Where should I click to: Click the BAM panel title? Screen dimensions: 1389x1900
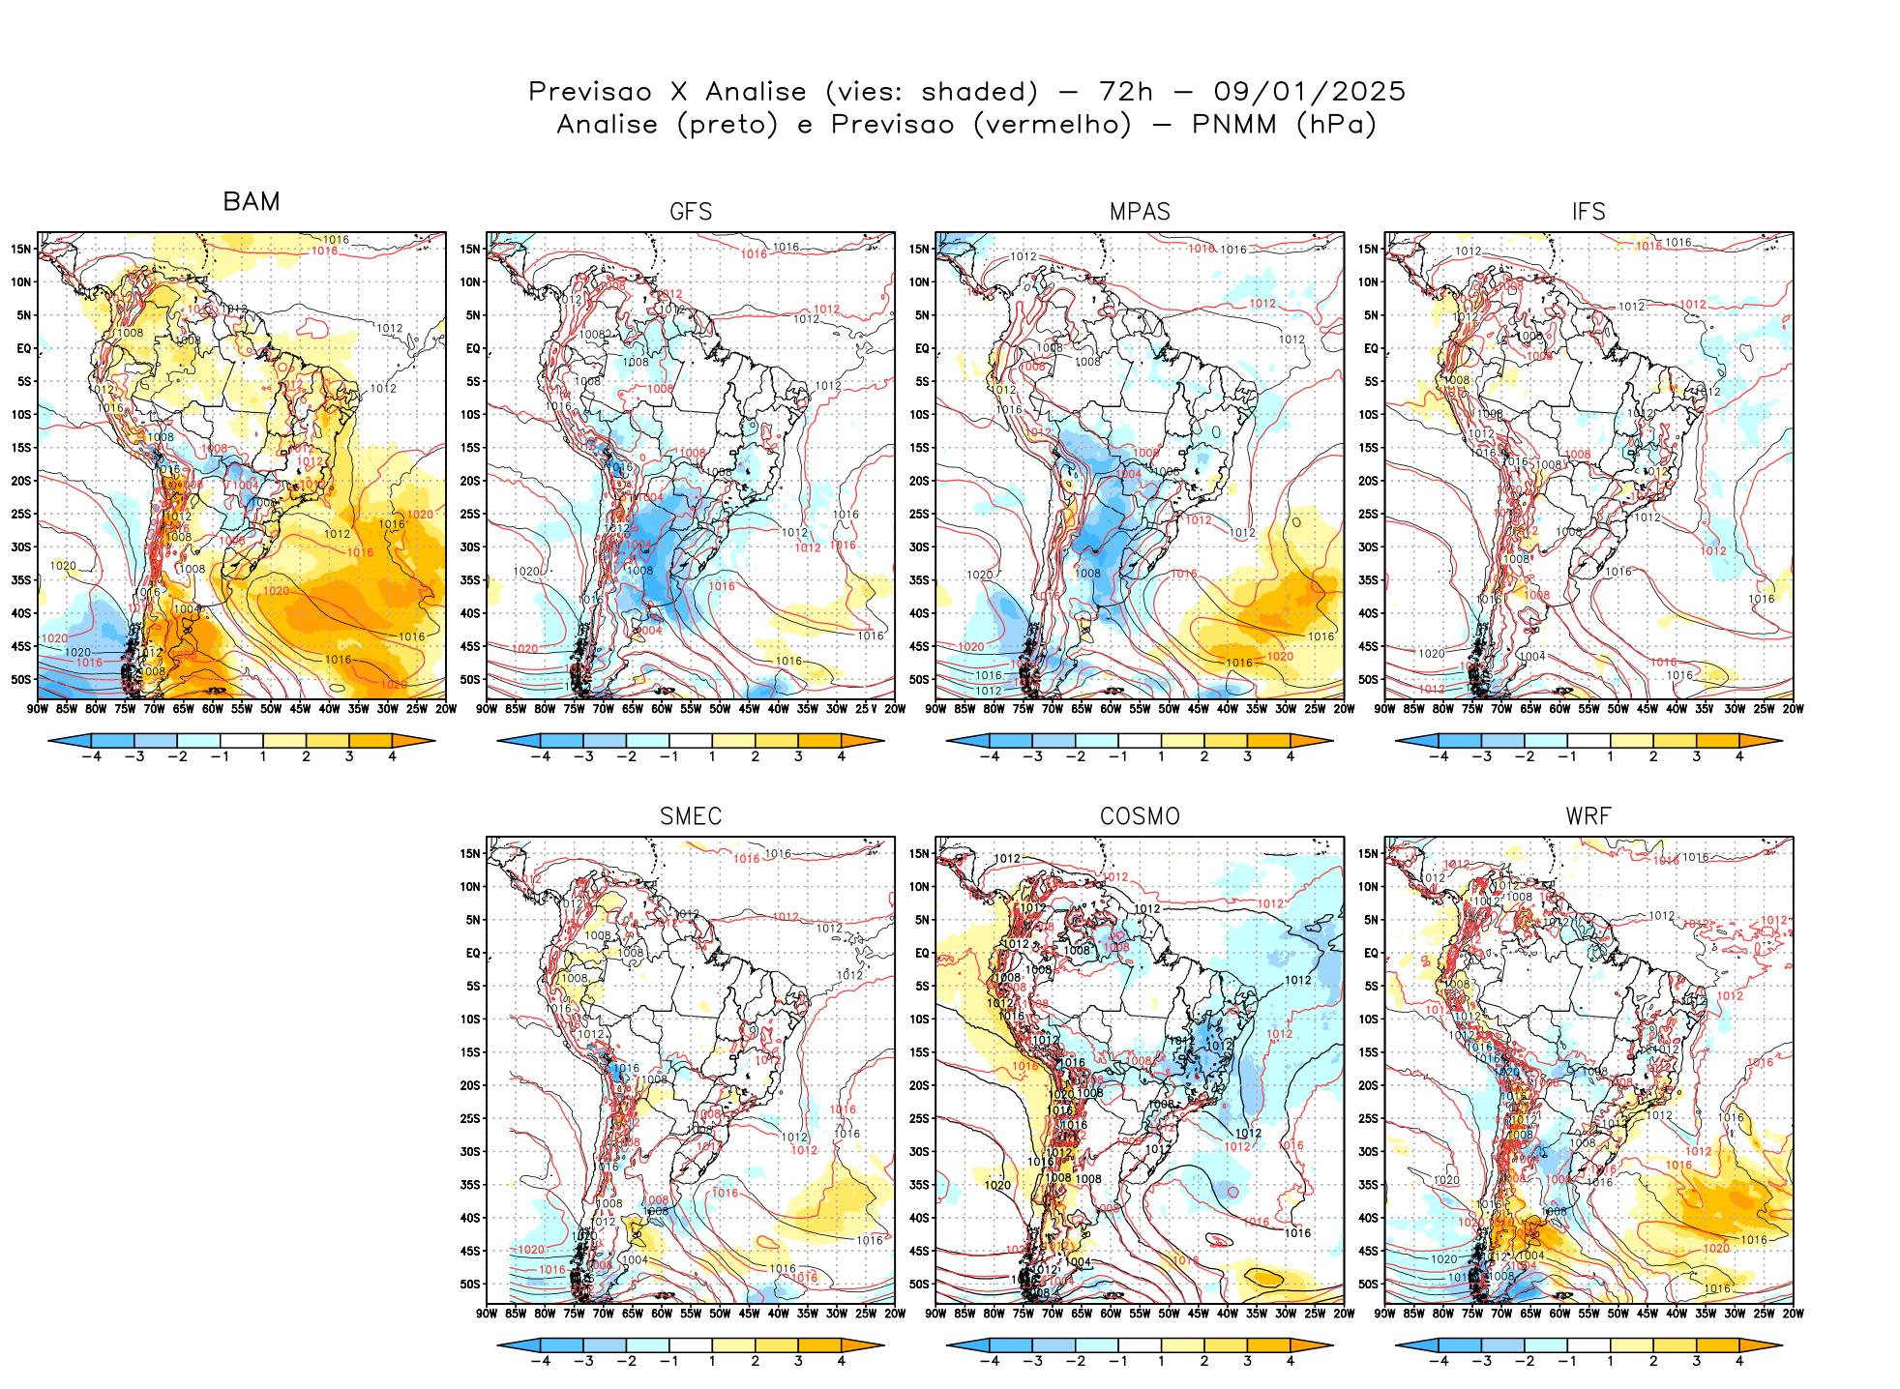click(x=252, y=201)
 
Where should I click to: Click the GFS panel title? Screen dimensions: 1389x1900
click(x=691, y=212)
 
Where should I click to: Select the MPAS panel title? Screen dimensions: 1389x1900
click(x=1140, y=212)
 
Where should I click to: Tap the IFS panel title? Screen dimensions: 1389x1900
click(x=1588, y=212)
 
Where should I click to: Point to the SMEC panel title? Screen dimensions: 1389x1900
click(x=691, y=816)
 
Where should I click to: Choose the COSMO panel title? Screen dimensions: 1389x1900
click(x=1140, y=816)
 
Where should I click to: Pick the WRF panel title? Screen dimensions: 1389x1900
click(x=1588, y=816)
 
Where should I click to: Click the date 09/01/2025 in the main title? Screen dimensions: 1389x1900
click(x=1309, y=92)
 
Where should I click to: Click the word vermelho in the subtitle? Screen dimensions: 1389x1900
click(x=1053, y=125)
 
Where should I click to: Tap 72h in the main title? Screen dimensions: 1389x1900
click(x=1126, y=92)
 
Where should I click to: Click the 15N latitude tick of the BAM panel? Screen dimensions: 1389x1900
click(x=21, y=250)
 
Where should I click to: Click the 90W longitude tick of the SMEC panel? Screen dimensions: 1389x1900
click(x=487, y=1314)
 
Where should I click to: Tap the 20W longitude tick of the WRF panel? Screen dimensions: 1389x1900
click(x=1793, y=1314)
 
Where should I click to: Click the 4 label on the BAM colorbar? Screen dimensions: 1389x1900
click(x=392, y=756)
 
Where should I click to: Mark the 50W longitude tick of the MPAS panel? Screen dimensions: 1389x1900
click(x=1169, y=709)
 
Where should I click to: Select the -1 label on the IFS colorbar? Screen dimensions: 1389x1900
click(x=1567, y=756)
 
